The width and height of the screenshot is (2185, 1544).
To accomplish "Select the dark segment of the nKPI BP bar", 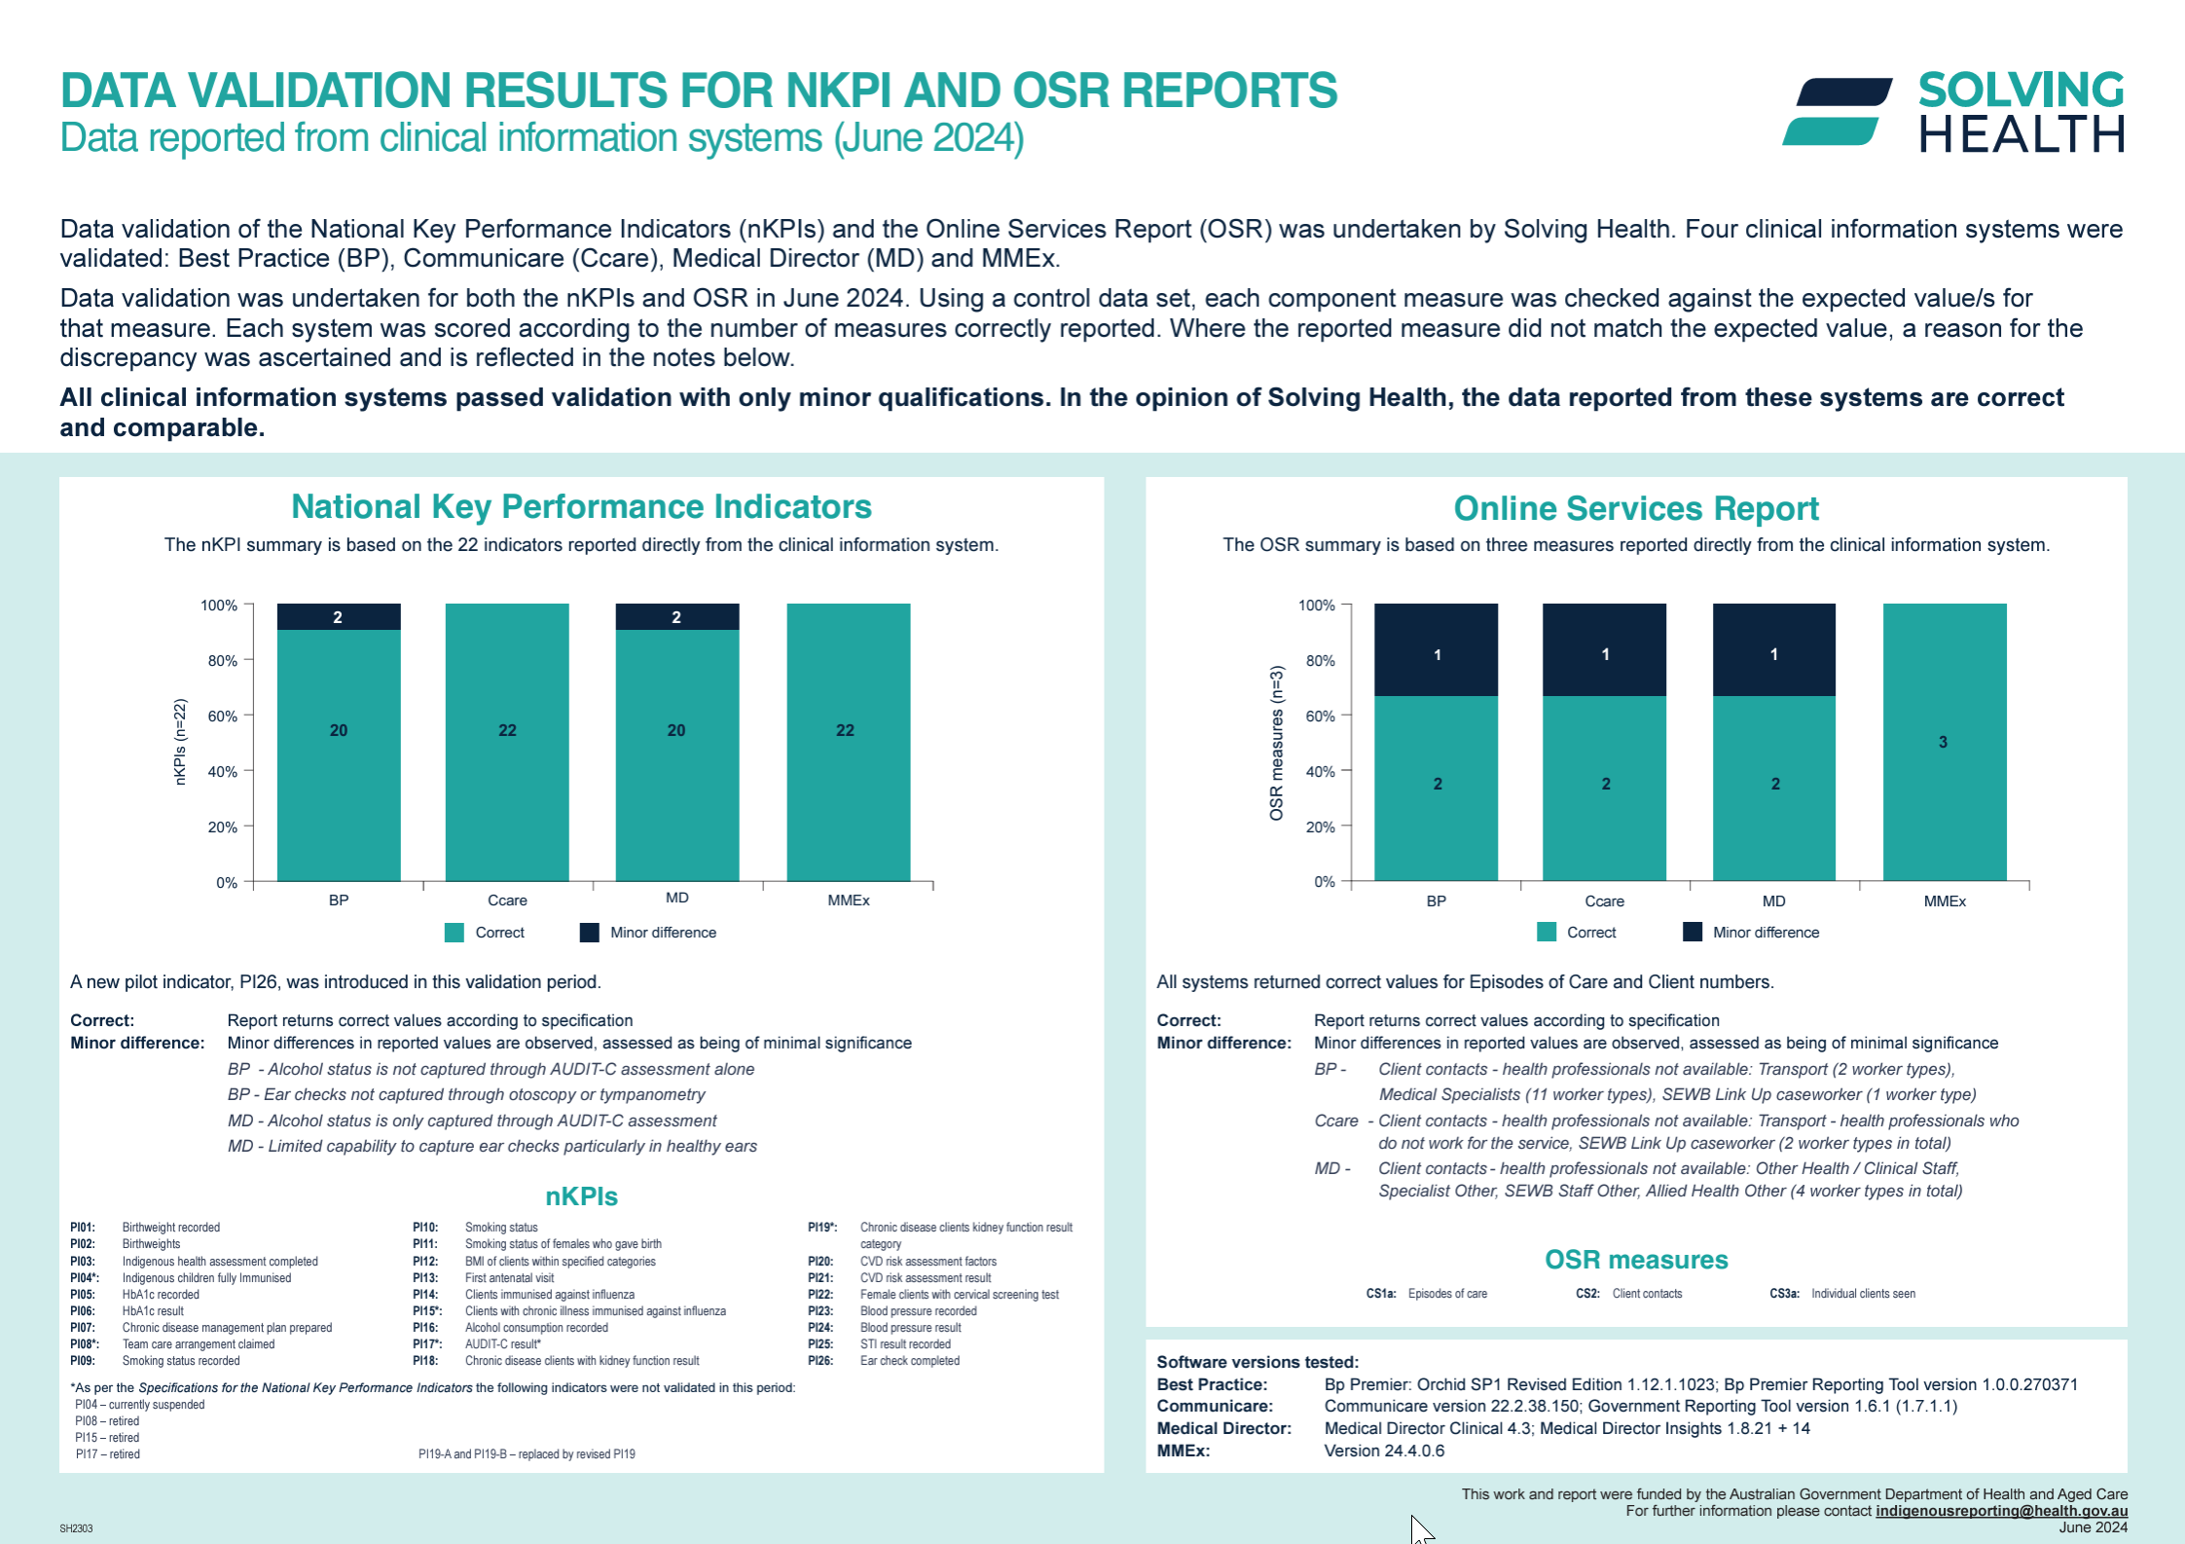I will pos(338,616).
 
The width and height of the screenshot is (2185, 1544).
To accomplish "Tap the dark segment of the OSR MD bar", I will pos(1773,649).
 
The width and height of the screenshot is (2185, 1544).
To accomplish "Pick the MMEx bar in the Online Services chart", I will pos(1944,742).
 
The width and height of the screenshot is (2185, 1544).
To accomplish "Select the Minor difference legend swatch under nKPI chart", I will pos(589,933).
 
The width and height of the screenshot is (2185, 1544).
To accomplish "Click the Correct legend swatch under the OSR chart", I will pos(1546,933).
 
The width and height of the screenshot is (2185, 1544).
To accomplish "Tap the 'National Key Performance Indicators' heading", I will pos(581,507).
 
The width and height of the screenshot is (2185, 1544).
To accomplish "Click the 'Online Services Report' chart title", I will pos(1635,508).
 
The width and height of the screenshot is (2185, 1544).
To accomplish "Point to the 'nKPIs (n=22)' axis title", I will pos(179,742).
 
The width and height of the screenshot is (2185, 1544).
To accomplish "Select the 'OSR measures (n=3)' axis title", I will pos(1276,742).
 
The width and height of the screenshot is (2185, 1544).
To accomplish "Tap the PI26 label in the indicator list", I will pos(820,1361).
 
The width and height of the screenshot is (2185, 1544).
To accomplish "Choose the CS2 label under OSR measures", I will pos(1587,1294).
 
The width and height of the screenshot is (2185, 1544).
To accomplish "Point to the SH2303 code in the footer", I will pos(76,1528).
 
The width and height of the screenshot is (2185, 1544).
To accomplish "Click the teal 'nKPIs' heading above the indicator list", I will pos(581,1196).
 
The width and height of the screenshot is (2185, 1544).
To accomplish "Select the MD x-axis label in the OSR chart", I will pos(1773,901).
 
